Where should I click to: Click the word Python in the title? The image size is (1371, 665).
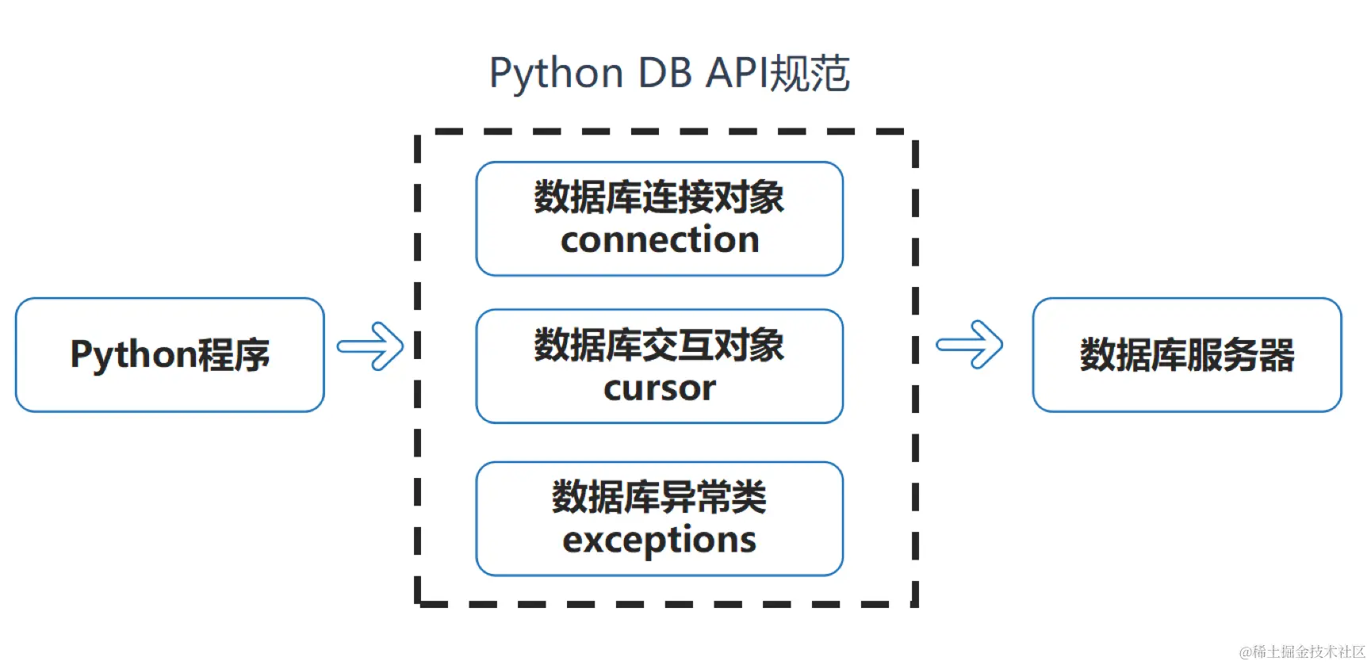pos(556,74)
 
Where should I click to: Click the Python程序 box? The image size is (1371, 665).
pos(170,354)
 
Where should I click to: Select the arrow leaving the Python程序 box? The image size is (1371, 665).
pos(370,346)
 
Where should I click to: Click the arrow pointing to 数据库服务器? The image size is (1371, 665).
pos(969,345)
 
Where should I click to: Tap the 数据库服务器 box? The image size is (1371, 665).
pos(1186,354)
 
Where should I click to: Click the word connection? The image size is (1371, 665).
pos(660,240)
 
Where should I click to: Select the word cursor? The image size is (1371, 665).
pos(660,388)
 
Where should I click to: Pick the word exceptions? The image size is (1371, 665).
pos(660,540)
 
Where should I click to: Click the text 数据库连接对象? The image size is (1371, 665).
pos(660,197)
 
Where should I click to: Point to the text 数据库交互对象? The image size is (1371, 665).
pos(660,345)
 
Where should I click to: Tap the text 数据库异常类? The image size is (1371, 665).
pos(660,497)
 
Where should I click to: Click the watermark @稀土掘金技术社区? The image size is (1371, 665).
pos(1302,652)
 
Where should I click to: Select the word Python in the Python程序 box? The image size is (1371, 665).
pos(132,354)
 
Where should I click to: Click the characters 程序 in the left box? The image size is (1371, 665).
pos(234,354)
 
